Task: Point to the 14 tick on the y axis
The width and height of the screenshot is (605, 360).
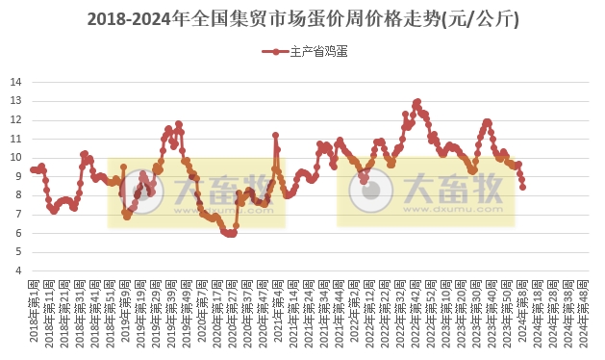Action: click(15, 83)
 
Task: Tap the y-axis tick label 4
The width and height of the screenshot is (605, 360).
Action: click(15, 270)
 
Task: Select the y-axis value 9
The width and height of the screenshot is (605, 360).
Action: click(15, 177)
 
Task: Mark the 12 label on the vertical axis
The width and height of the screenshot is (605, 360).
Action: click(15, 120)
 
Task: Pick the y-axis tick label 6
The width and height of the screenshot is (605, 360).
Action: click(15, 233)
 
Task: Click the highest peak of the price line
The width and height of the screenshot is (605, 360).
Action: click(416, 101)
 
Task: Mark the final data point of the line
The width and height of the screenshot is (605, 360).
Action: click(522, 187)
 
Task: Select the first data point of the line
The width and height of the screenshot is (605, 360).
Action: click(33, 169)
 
